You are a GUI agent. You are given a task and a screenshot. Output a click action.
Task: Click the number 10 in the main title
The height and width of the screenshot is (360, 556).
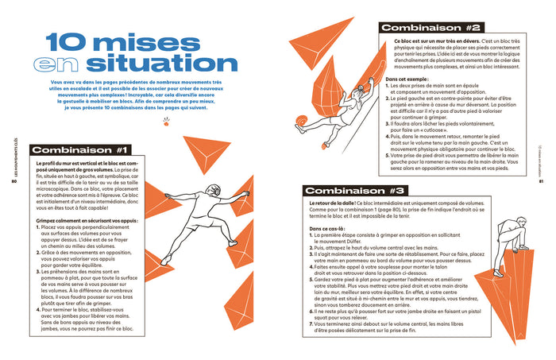click(68, 45)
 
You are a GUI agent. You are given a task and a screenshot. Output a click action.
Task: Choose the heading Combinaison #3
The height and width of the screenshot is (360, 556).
click(357, 191)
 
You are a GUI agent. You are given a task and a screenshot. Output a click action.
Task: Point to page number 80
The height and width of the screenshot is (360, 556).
click(14, 180)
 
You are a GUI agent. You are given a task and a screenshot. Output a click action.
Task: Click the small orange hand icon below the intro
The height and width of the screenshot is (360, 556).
click(166, 122)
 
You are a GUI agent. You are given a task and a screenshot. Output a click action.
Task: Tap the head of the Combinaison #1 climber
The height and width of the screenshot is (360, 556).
click(211, 190)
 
